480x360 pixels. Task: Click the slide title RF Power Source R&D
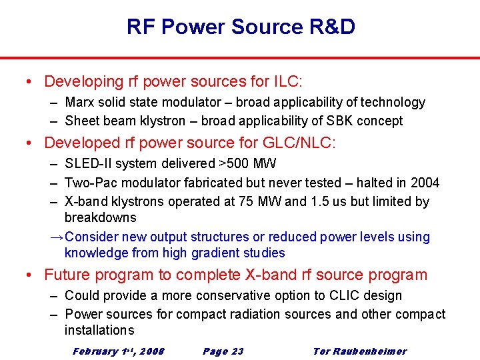tap(240, 27)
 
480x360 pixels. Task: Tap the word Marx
tap(79, 103)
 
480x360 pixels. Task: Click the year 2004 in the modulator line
tap(425, 183)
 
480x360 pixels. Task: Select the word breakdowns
tap(100, 218)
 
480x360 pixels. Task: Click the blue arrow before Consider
tap(57, 237)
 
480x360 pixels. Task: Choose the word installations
tap(99, 330)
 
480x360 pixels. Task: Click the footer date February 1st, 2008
tap(119, 351)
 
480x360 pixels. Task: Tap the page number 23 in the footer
tap(237, 351)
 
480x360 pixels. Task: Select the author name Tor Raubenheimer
tap(359, 351)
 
